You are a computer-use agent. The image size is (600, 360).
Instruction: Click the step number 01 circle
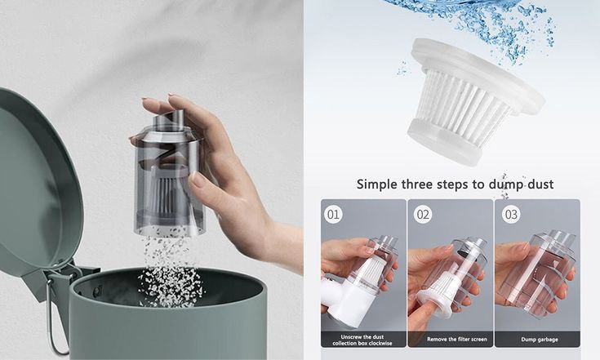tap(333, 214)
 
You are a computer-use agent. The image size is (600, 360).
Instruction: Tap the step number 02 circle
tap(423, 214)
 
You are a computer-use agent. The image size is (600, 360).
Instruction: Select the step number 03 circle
tap(512, 214)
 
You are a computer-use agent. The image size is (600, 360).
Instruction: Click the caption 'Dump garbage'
tap(539, 340)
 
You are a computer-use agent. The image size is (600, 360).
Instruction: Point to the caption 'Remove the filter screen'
tap(457, 340)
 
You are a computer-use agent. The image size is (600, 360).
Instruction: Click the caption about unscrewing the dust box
tap(362, 340)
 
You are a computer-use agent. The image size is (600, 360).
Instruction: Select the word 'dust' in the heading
tap(540, 184)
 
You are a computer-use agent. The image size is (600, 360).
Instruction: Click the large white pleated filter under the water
tap(474, 100)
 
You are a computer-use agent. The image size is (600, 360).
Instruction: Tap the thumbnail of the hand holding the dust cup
tap(537, 273)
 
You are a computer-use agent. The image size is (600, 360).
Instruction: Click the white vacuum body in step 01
tap(346, 302)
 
